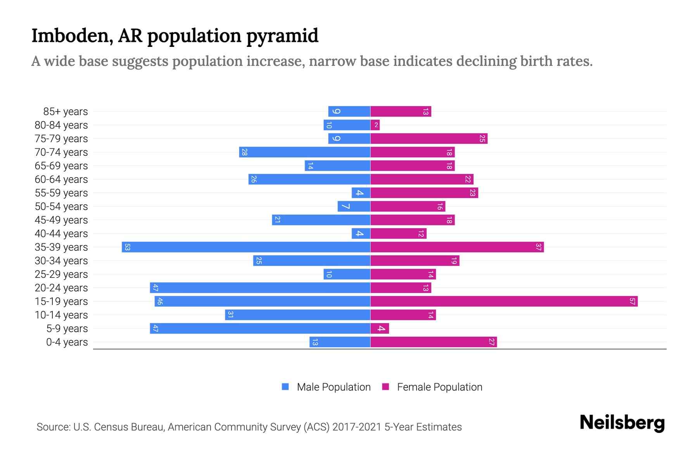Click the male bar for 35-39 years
tap(246, 247)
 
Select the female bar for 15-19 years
tap(504, 301)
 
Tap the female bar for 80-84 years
tap(375, 125)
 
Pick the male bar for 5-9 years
tap(260, 329)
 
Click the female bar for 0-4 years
tap(434, 342)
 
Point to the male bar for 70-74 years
tap(305, 152)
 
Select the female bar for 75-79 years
tap(429, 139)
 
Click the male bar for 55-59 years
tap(361, 193)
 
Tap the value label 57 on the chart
tap(632, 301)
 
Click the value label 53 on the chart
tap(127, 247)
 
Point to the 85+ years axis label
tap(65, 112)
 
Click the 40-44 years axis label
tap(61, 234)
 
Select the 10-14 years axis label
tap(61, 315)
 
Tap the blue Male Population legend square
tap(285, 387)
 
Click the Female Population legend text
tap(439, 387)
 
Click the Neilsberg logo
tap(622, 422)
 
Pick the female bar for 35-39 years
tap(457, 247)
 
